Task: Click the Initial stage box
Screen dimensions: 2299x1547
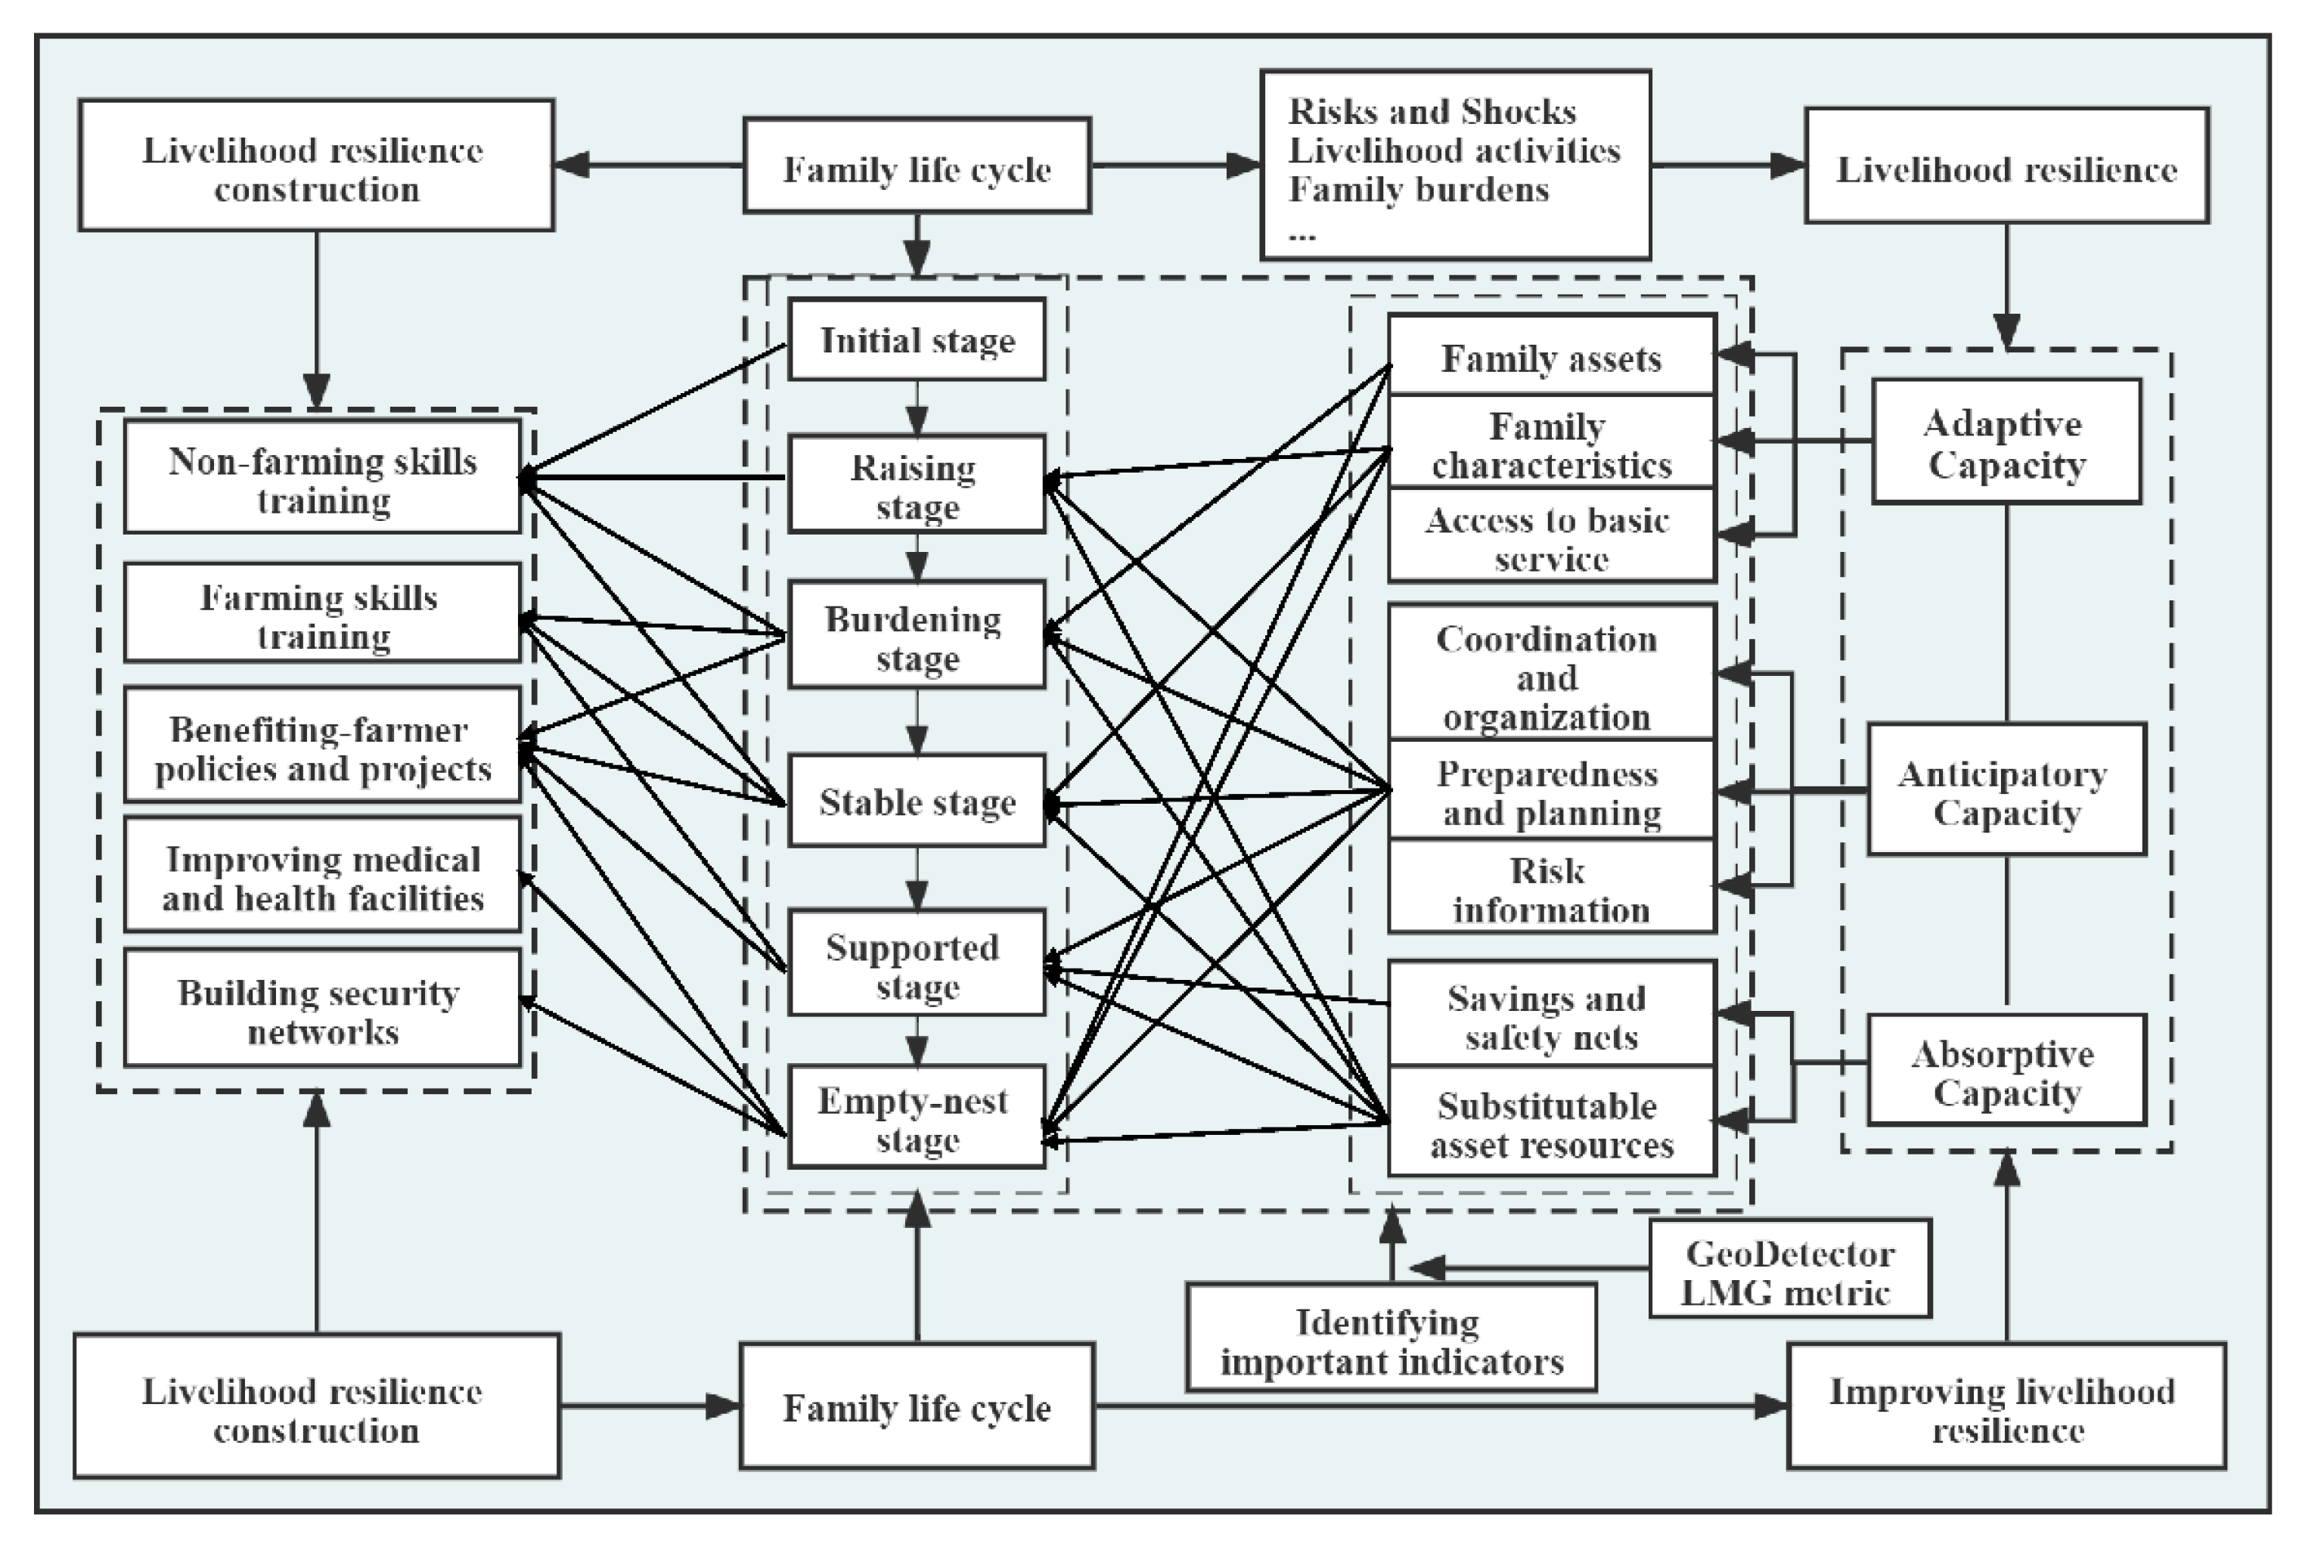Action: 917,339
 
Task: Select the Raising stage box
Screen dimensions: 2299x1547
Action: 917,485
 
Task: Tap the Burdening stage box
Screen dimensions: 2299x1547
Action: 917,634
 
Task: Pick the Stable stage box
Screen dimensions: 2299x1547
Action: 917,801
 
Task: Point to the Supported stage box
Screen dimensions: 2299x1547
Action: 917,963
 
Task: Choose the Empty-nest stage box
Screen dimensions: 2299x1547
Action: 917,1117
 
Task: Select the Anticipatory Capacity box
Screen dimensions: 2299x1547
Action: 2006,789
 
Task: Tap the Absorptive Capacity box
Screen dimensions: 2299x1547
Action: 2006,1071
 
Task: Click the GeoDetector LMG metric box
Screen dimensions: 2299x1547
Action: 1789,1269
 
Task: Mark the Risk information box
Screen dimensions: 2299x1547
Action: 1551,887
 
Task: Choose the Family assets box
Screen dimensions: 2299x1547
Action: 1551,355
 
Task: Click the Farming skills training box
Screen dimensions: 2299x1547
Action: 321,612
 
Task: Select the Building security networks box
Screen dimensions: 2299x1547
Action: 321,1009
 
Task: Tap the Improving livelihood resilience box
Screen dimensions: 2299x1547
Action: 2006,1406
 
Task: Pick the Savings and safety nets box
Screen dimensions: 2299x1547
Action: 1551,1014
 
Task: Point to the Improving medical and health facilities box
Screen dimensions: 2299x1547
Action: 321,874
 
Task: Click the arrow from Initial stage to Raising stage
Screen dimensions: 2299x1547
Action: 917,408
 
